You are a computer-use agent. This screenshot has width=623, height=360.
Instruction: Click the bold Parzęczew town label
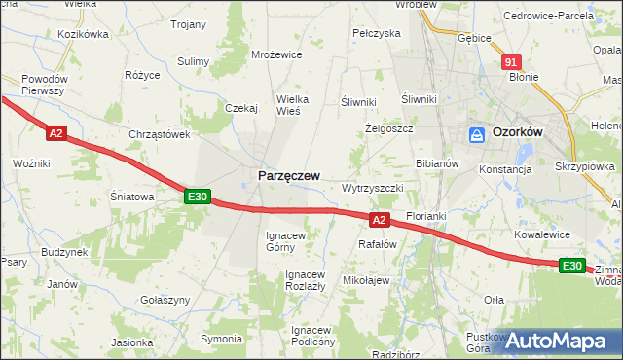(x=288, y=175)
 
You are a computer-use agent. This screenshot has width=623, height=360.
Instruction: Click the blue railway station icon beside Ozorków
(x=478, y=135)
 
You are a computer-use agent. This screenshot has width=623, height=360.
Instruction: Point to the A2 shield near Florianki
(x=381, y=220)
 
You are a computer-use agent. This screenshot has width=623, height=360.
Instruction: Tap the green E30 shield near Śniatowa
(x=198, y=197)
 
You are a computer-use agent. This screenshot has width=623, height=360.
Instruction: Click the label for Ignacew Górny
(x=287, y=241)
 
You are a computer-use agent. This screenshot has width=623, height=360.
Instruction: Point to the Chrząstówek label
(x=158, y=135)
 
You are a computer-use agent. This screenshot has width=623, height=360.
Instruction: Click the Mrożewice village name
(x=276, y=55)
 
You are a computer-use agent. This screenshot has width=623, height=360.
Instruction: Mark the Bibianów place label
(x=437, y=163)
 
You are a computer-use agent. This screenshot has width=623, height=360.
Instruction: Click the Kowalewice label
(x=543, y=234)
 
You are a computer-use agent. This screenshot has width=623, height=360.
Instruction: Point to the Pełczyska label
(x=377, y=33)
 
